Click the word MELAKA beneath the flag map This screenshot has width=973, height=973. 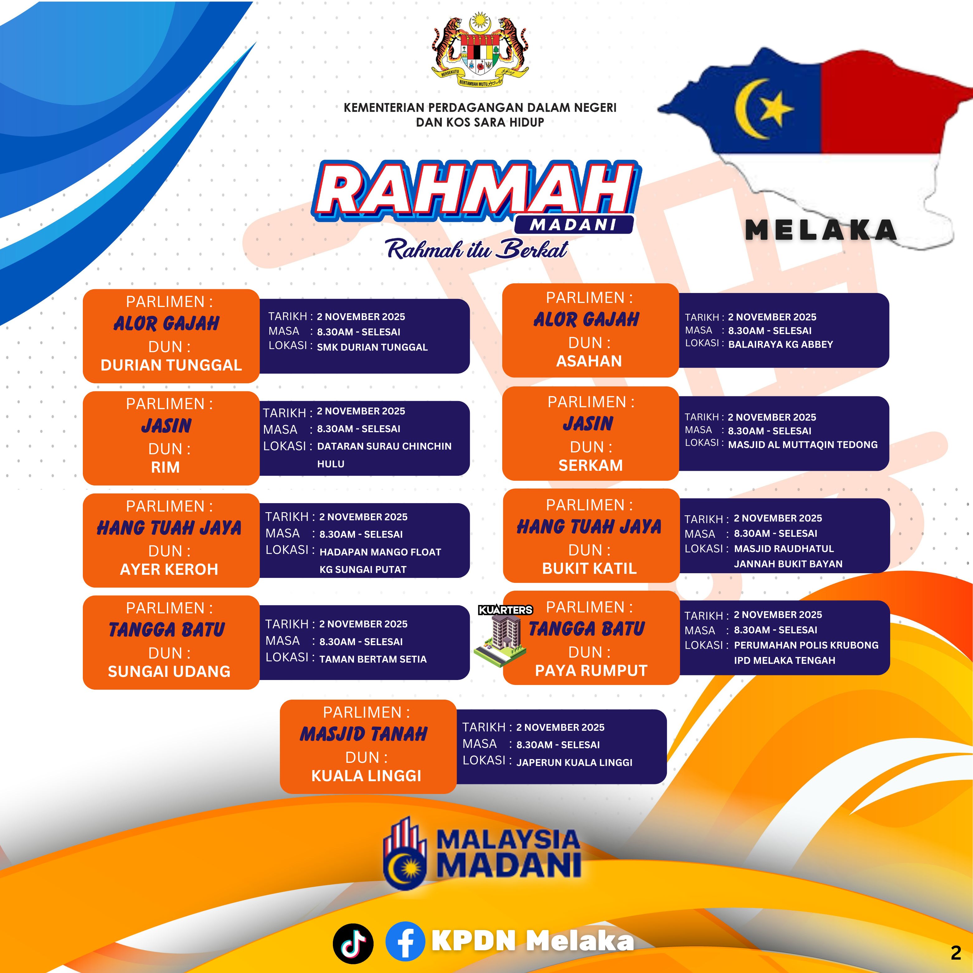coord(821,231)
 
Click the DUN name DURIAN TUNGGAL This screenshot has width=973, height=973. coord(171,365)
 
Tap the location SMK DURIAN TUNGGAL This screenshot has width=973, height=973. coord(372,347)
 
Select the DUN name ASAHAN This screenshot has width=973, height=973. coord(589,361)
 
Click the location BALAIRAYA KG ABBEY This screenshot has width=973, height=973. coord(781,344)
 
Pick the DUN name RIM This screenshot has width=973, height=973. coord(165,467)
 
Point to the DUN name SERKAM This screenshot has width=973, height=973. coord(590,465)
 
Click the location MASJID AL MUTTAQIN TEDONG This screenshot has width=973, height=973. coord(803,445)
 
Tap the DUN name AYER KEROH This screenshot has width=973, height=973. coord(169,569)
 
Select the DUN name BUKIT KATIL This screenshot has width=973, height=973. coord(589,569)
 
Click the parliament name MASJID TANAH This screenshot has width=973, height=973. coord(364,734)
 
